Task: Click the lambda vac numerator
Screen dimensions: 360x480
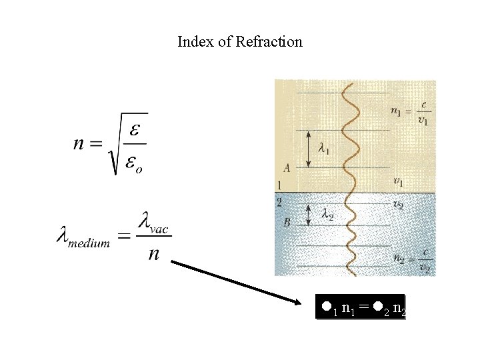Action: [x=153, y=223]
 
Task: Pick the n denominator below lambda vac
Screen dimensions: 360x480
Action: [x=153, y=253]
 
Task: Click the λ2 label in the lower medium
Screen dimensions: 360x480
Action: [x=326, y=214]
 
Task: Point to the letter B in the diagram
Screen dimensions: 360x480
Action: [x=287, y=222]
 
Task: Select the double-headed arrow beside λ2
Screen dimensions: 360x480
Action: [x=309, y=214]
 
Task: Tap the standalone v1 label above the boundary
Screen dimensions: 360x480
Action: [x=399, y=181]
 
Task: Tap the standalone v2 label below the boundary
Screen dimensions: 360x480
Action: [x=399, y=203]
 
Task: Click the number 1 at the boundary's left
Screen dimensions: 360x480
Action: [x=280, y=185]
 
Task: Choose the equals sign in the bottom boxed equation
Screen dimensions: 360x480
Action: [x=363, y=307]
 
